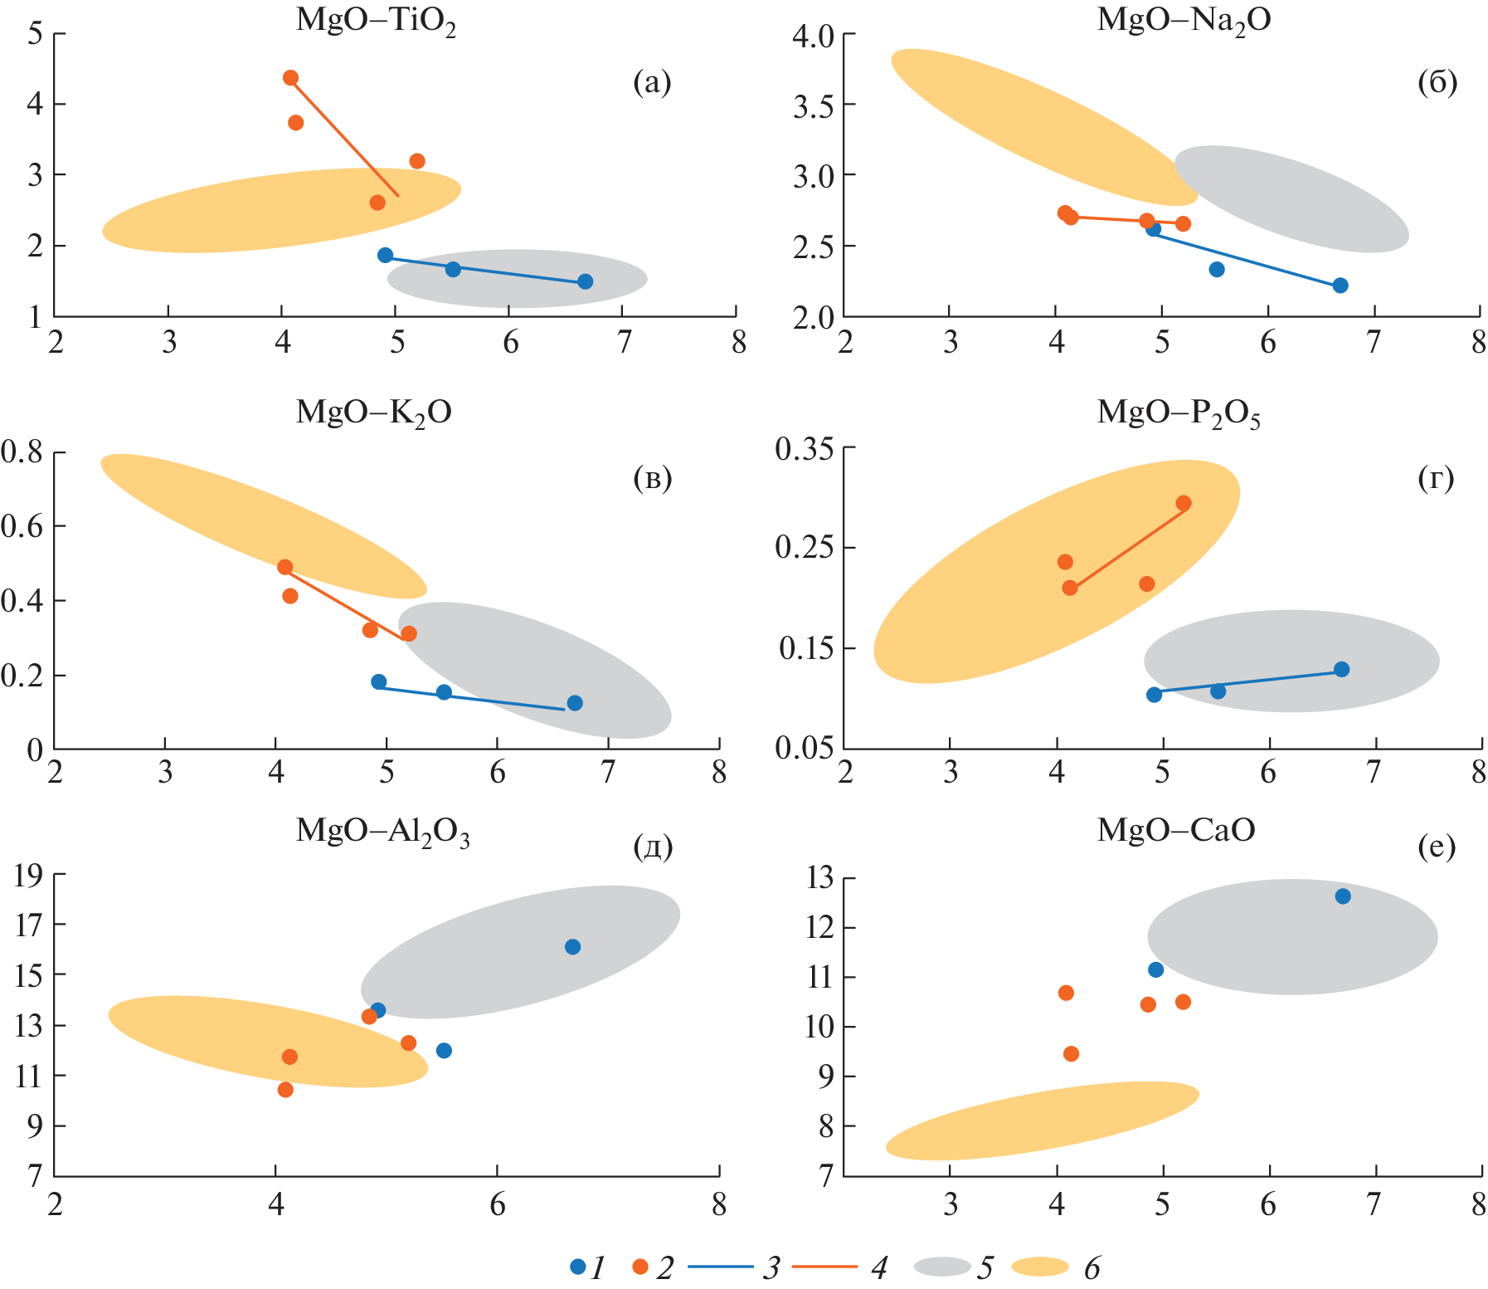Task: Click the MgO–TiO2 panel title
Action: coord(376,21)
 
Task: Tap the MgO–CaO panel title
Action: coord(1176,829)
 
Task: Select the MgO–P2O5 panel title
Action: coord(1179,413)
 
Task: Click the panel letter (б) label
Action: coord(1437,82)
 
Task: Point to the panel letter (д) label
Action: coord(653,847)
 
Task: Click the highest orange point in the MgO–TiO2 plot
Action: coord(290,78)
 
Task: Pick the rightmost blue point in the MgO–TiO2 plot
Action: coord(585,281)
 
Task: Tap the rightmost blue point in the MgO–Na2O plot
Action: coord(1340,286)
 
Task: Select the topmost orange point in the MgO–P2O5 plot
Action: coord(1184,503)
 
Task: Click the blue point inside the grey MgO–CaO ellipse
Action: coord(1343,896)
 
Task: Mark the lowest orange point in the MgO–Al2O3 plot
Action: coord(285,1090)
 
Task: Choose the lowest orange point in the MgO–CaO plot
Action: coord(1071,1054)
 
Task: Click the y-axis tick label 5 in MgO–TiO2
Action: coord(35,34)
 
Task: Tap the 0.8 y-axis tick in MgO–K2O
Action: coord(22,453)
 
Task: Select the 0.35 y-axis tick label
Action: coord(804,449)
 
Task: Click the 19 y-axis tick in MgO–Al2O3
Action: coord(28,876)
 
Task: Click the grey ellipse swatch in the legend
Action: coord(942,1267)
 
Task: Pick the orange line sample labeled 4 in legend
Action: coord(824,1267)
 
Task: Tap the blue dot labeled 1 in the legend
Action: coord(578,1267)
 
